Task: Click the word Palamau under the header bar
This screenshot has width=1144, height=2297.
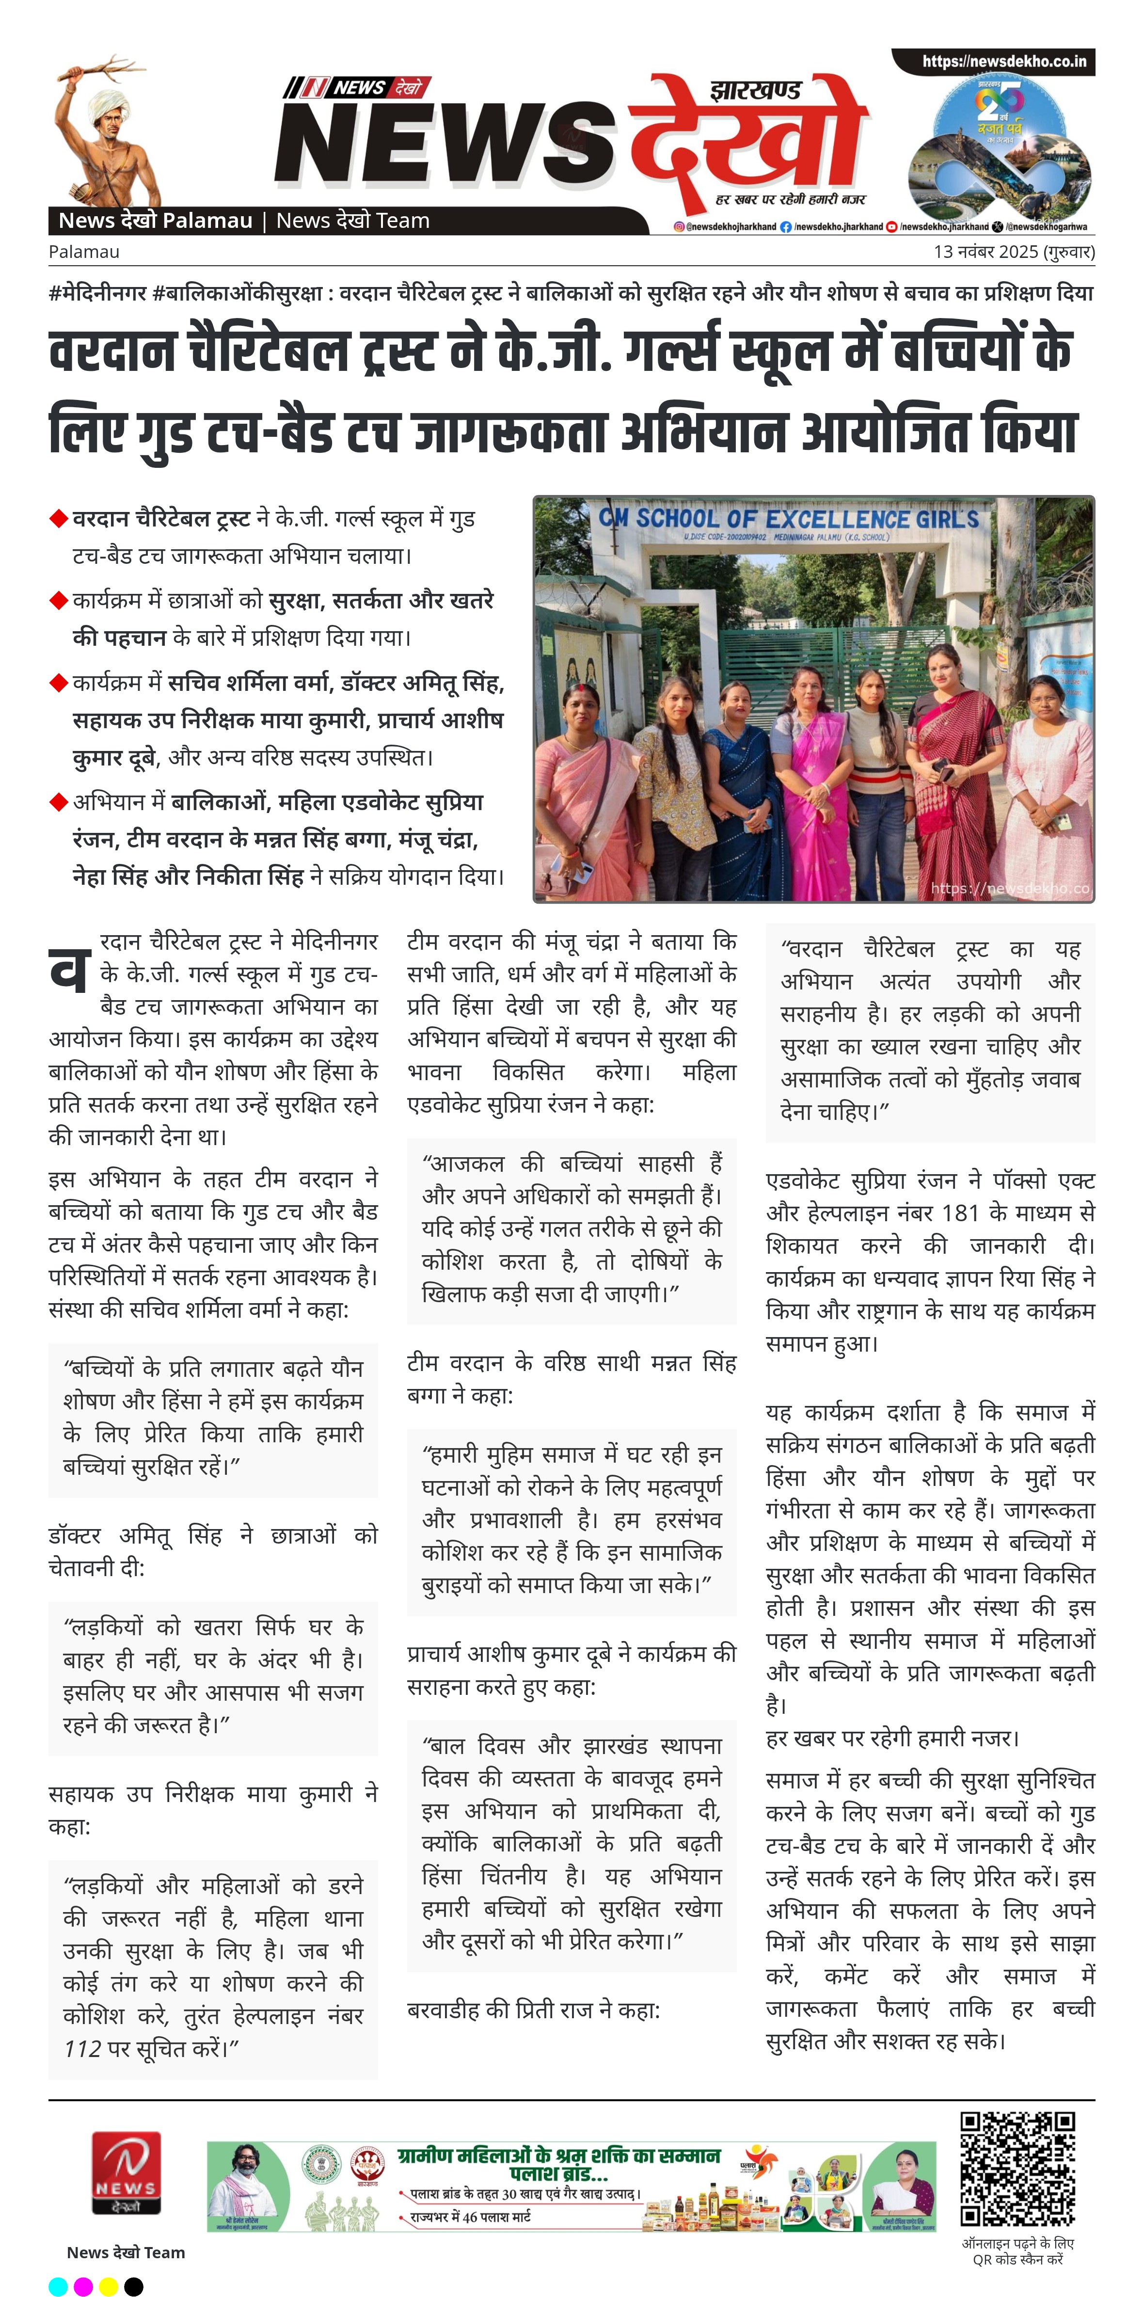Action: tap(84, 252)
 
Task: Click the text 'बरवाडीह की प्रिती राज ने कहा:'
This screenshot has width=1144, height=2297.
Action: tap(533, 2010)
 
